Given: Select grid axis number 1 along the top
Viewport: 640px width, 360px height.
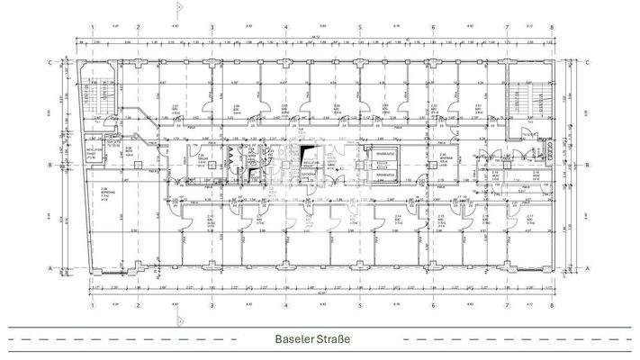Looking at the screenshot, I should click(x=92, y=28).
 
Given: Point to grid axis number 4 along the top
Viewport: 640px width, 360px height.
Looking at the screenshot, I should click(x=285, y=28).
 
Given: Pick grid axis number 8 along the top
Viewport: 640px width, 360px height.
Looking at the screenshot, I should click(x=548, y=28).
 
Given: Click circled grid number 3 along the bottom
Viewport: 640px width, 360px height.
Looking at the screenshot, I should click(x=211, y=303).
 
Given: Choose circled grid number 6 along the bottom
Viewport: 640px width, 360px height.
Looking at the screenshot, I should click(x=433, y=303).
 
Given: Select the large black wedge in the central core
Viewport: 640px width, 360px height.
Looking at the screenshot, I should click(x=310, y=155).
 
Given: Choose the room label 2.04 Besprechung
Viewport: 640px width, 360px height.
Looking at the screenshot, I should click(x=105, y=191).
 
